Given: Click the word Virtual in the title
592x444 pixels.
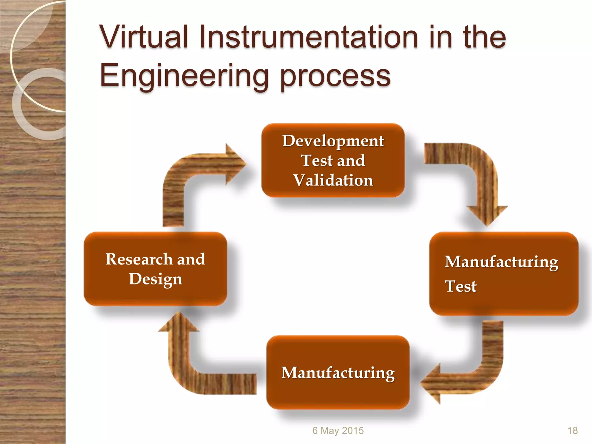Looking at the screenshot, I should click(x=144, y=37).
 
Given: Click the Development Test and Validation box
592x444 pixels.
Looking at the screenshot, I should click(x=333, y=160).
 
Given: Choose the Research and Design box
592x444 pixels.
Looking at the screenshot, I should click(x=155, y=269).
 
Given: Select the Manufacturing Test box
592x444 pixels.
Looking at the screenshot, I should click(x=503, y=273).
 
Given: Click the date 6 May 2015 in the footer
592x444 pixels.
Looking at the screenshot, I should click(x=338, y=430).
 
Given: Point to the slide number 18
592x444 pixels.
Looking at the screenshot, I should click(x=572, y=430).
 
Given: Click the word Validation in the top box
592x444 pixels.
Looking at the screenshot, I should click(x=333, y=180).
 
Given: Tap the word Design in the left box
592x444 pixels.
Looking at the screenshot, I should click(x=156, y=279).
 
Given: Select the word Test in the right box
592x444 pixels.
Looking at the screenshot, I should click(x=460, y=286).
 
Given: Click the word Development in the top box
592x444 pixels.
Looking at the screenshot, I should click(x=333, y=141).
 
